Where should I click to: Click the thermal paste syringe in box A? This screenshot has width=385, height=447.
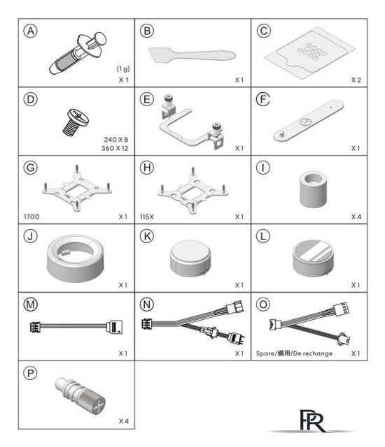pos(77,54)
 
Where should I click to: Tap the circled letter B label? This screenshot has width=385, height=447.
pos(147,31)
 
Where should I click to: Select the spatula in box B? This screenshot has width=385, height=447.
pos(192,55)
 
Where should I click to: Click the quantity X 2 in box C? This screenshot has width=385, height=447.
pos(356,80)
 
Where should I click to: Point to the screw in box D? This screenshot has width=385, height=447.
pos(76,122)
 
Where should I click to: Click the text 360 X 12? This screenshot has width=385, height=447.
pos(115,148)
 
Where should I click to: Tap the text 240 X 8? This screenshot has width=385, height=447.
pos(116,140)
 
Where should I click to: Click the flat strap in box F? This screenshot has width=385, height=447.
pos(309,120)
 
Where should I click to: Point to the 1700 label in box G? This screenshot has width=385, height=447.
pos(31,217)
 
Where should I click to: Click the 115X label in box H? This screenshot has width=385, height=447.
pos(147,217)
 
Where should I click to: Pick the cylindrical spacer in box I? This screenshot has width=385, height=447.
pos(313,189)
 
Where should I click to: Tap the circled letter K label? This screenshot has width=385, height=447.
pos(147,236)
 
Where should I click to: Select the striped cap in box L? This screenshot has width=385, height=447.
pos(313,258)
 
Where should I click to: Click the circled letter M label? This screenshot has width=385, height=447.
pos(30,305)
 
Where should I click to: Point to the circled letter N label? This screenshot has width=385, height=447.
pos(147,305)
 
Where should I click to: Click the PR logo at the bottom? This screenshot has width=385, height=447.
pos(313,421)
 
